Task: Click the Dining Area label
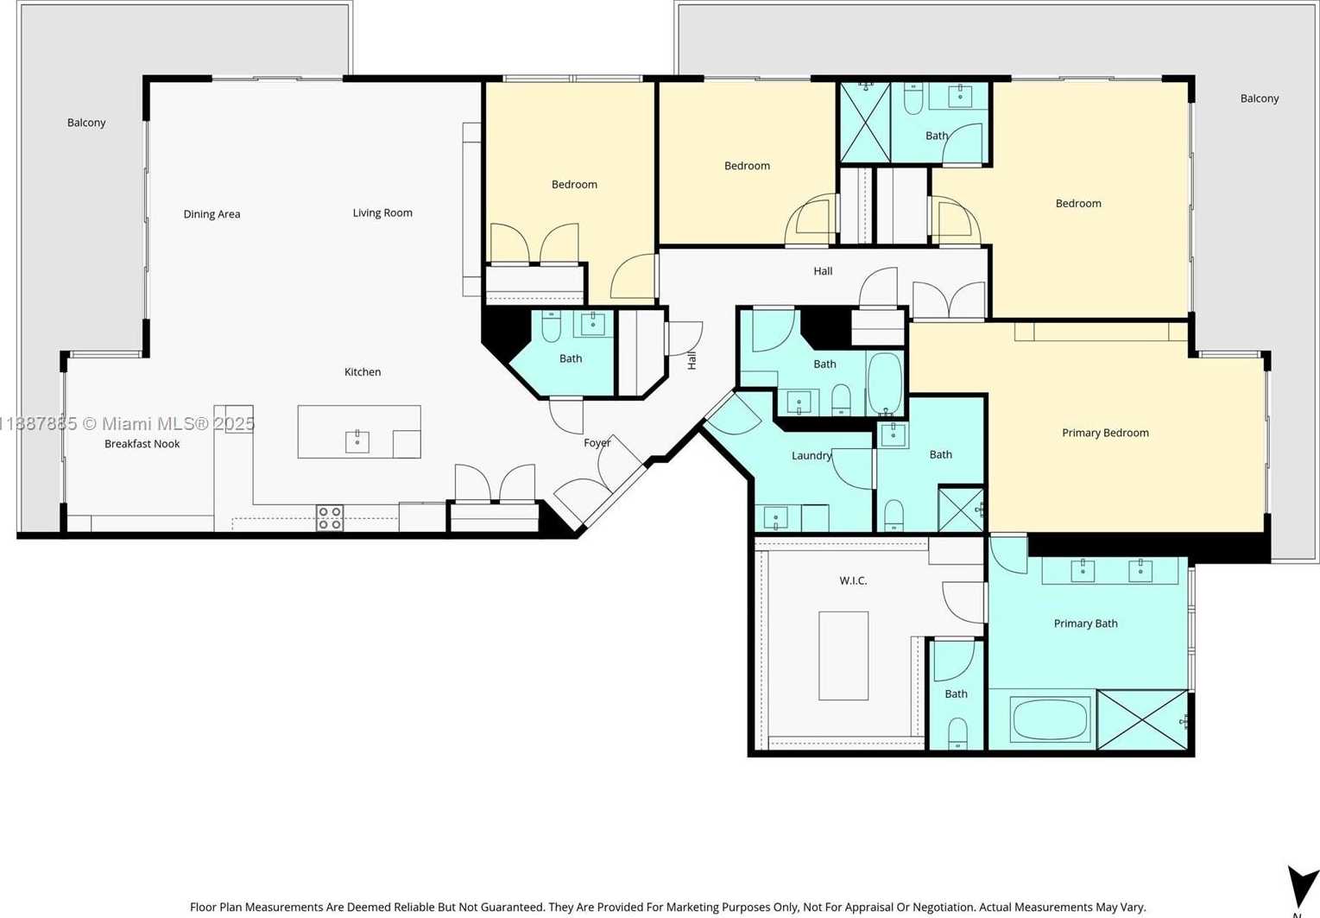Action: pos(212,214)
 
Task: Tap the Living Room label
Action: pos(382,212)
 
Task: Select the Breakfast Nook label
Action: pos(142,443)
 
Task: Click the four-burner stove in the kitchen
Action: pos(330,517)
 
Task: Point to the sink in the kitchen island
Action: pos(357,441)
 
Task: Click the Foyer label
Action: pos(597,443)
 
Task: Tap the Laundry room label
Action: pos(812,455)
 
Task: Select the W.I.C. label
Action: pos(853,580)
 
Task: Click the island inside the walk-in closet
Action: pos(843,655)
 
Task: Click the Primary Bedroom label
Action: pos(1106,433)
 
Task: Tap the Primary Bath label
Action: pos(1085,624)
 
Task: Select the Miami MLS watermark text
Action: pos(127,423)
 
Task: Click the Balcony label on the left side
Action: pos(86,123)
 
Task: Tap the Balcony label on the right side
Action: pos(1260,98)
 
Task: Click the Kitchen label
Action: pos(363,372)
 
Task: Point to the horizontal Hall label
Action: pos(823,271)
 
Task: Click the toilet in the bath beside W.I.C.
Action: pos(957,733)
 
